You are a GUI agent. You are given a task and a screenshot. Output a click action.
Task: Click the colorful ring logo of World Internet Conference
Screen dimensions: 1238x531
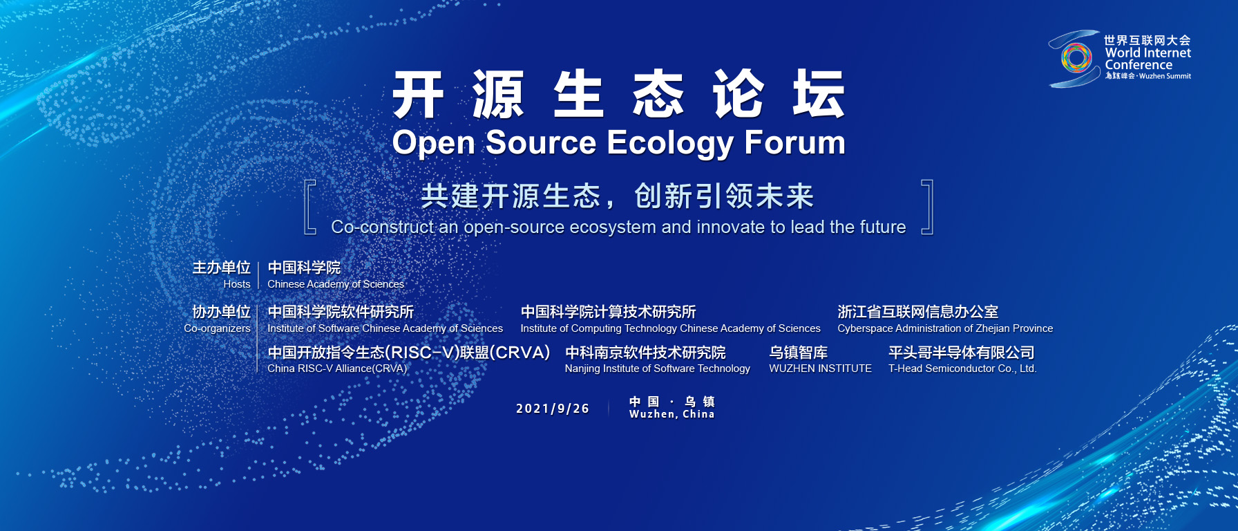[1076, 58]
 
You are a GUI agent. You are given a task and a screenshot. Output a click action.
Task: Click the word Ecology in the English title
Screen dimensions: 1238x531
[670, 144]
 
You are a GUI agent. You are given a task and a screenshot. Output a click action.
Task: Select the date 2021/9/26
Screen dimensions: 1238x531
[553, 409]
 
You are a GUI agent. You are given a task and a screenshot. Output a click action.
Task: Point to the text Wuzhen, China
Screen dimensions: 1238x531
[672, 414]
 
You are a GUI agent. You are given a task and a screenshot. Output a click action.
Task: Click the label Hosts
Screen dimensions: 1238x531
[237, 284]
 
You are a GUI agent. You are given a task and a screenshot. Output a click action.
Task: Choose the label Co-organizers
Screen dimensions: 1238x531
[217, 328]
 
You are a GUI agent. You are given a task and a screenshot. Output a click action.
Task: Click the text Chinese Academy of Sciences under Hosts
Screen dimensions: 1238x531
[336, 284]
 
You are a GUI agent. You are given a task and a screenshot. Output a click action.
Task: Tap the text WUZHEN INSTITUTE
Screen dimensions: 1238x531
[820, 369]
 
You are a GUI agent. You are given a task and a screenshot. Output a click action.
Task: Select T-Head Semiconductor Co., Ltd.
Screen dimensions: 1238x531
[962, 369]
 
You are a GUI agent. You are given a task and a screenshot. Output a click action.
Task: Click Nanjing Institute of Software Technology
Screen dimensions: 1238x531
[657, 369]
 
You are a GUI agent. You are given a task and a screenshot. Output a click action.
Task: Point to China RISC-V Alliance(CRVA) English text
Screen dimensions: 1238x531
[337, 369]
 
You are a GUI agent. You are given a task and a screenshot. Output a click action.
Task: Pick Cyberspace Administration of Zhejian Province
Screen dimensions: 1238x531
[945, 328]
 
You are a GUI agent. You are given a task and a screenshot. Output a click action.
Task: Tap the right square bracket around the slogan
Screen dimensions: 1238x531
[931, 207]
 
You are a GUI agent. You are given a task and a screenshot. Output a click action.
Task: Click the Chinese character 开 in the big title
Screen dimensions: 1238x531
[418, 94]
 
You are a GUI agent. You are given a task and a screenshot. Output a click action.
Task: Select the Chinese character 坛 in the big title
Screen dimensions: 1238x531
[819, 94]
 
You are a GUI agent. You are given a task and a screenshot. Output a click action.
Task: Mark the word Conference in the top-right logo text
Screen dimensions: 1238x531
[1139, 65]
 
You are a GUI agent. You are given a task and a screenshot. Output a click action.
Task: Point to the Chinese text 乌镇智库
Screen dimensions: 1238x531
[798, 353]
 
